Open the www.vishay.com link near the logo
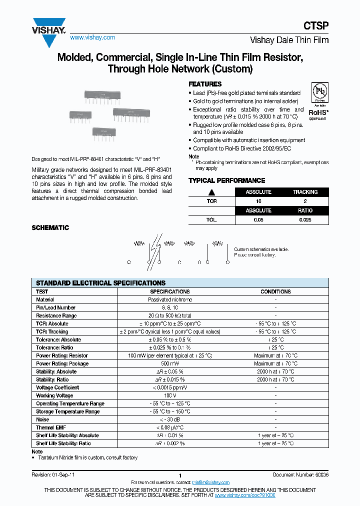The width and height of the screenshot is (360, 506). (x=92, y=37)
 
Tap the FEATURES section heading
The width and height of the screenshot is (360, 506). (x=205, y=84)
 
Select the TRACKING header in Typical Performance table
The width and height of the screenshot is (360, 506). (x=305, y=192)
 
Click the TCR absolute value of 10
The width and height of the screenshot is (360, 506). (x=258, y=201)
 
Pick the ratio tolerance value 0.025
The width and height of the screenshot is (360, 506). (x=305, y=219)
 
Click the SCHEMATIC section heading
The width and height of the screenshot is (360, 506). (x=50, y=227)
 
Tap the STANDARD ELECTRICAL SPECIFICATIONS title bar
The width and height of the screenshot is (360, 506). (x=100, y=283)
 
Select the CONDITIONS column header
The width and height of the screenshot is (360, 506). (x=275, y=291)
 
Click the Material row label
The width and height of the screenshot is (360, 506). (x=45, y=299)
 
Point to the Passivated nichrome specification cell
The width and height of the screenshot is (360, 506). (x=170, y=299)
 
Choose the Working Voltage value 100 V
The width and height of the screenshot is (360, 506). (x=170, y=395)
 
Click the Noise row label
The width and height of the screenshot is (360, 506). (x=42, y=419)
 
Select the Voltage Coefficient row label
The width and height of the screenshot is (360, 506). (x=57, y=387)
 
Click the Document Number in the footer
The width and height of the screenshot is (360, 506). (x=300, y=474)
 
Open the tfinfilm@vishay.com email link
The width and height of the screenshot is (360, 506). (x=211, y=482)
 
